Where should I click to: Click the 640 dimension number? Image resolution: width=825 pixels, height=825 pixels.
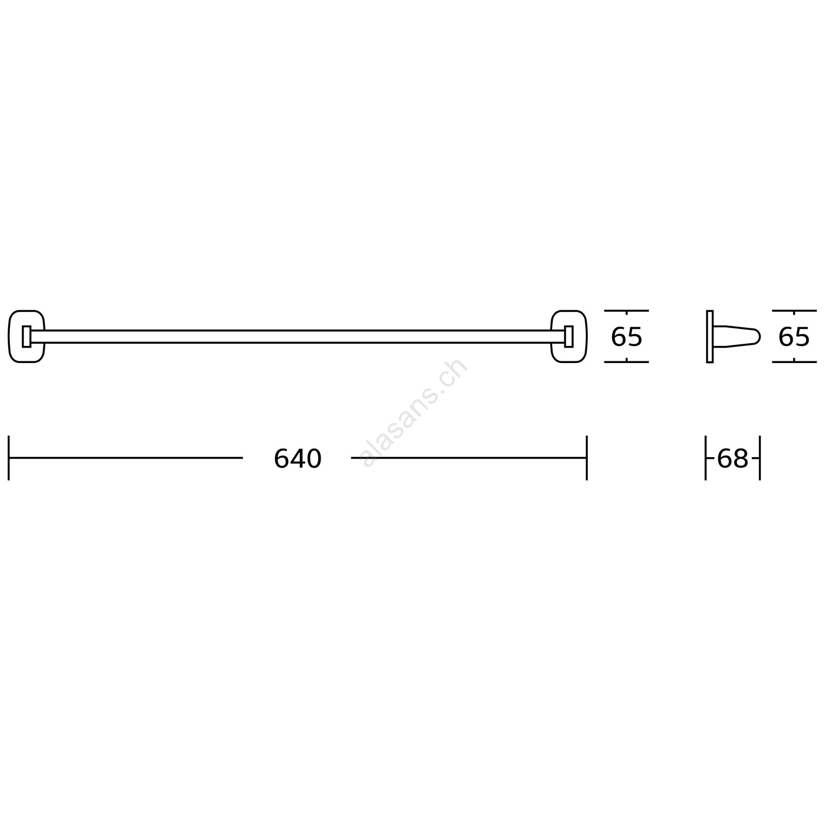(298, 458)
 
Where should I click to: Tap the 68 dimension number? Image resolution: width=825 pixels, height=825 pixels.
(733, 458)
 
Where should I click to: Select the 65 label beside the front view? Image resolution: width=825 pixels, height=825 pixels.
(626, 337)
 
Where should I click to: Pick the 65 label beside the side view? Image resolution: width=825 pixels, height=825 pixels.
(794, 337)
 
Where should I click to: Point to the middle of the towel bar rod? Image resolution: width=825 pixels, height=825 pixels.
(298, 337)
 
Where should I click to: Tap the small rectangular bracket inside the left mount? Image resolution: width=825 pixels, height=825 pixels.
(26, 337)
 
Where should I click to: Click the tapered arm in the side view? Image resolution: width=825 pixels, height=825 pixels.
(737, 337)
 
